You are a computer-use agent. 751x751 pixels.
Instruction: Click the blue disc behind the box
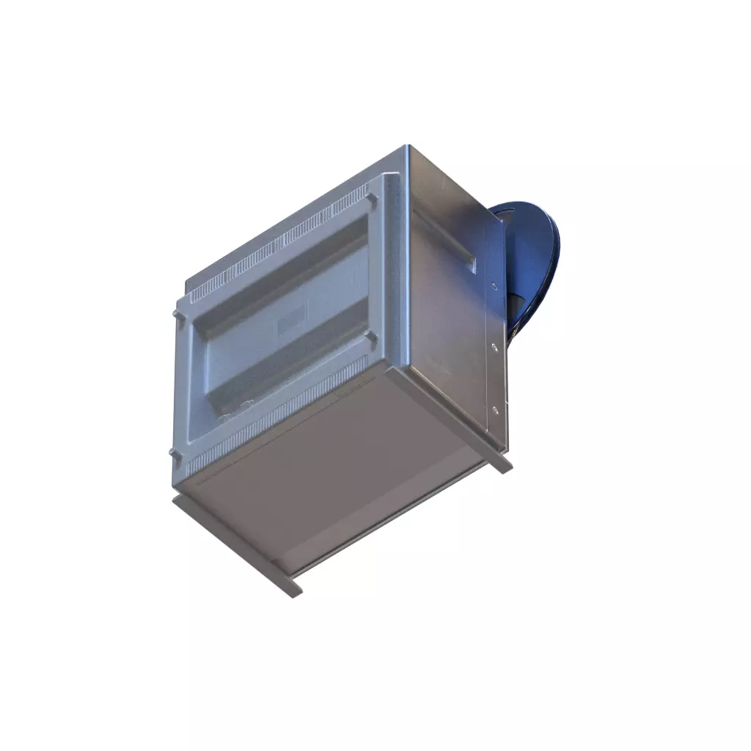535,249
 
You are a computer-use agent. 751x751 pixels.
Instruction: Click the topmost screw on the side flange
494,285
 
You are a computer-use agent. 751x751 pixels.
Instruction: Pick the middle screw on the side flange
494,346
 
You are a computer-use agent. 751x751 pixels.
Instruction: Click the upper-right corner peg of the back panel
372,198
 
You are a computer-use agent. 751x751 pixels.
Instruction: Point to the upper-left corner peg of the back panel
177,313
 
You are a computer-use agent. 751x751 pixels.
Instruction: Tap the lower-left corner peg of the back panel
175,455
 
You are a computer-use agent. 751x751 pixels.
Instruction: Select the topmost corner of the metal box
406,147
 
